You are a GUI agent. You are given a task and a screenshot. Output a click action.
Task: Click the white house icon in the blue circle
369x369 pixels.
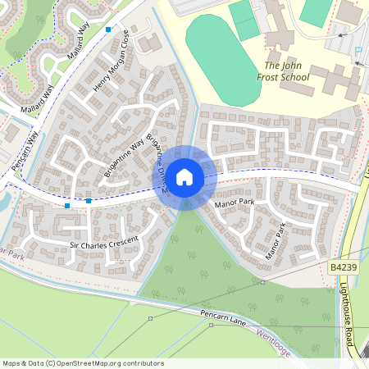point(184,176)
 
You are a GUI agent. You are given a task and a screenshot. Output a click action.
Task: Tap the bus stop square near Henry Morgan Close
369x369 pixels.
point(108,30)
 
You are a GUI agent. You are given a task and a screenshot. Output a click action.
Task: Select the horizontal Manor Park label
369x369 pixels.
point(234,202)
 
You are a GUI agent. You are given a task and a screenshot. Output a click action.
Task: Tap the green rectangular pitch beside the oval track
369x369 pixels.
point(244,20)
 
